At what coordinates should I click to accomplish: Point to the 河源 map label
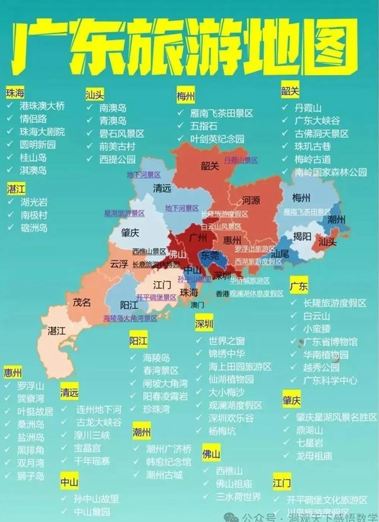pyautogui.click(x=250, y=201)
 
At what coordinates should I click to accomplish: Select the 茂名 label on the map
pyautogui.click(x=82, y=302)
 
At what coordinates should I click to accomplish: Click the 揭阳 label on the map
pyautogui.click(x=302, y=236)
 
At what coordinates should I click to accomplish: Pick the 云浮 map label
pyautogui.click(x=118, y=263)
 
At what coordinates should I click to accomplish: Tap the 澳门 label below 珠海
pyautogui.click(x=198, y=305)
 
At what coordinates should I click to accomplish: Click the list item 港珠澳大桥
pyautogui.click(x=42, y=106)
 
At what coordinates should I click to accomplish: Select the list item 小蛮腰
pyautogui.click(x=316, y=328)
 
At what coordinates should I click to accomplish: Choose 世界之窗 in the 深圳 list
pyautogui.click(x=226, y=341)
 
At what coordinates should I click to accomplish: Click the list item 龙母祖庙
pyautogui.click(x=313, y=455)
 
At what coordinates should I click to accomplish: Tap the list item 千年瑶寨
pyautogui.click(x=92, y=461)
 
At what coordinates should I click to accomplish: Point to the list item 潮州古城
pyautogui.click(x=164, y=475)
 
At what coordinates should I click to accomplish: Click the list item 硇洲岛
pyautogui.click(x=34, y=228)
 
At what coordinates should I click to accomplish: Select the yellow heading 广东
pyautogui.click(x=298, y=286)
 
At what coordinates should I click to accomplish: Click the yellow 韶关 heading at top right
pyautogui.click(x=289, y=92)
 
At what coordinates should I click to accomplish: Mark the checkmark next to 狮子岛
pyautogui.click(x=8, y=475)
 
